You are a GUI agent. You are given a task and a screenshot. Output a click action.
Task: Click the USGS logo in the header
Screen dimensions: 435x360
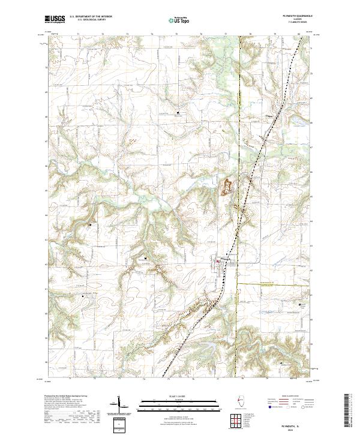pyautogui.click(x=54, y=19)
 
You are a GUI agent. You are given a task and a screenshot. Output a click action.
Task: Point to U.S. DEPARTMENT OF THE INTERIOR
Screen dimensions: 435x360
pyautogui.click(x=95, y=17)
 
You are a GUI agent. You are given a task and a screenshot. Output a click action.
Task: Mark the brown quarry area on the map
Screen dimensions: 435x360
pyautogui.click(x=228, y=185)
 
